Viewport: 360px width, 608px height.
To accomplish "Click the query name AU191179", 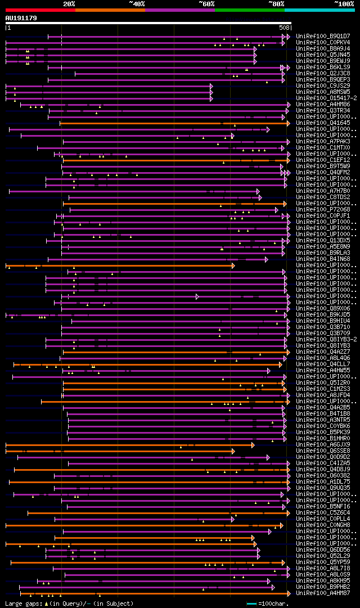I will pyautogui.click(x=21, y=18).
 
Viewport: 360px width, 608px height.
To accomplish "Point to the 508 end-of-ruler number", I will pyautogui.click(x=284, y=27).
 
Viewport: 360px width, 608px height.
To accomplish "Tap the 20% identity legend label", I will pyautogui.click(x=69, y=3).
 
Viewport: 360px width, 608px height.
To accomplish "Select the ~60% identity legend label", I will pyautogui.click(x=206, y=3).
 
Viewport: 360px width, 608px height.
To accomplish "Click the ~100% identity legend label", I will pyautogui.click(x=344, y=3).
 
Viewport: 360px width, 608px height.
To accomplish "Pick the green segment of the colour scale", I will pyautogui.click(x=249, y=10).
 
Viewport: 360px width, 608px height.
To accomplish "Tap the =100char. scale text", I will pyautogui.click(x=276, y=604).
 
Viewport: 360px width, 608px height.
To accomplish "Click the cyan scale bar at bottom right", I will pyautogui.click(x=251, y=604).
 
